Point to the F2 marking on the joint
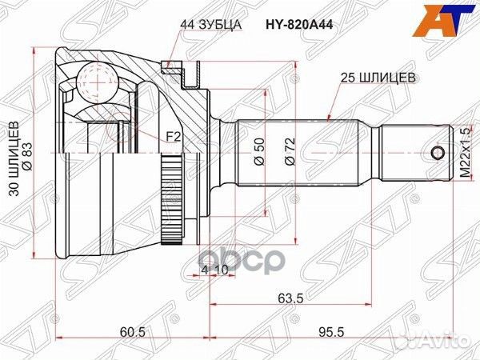pyautogui.click(x=172, y=138)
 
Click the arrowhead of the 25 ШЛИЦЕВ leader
pyautogui.click(x=331, y=119)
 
